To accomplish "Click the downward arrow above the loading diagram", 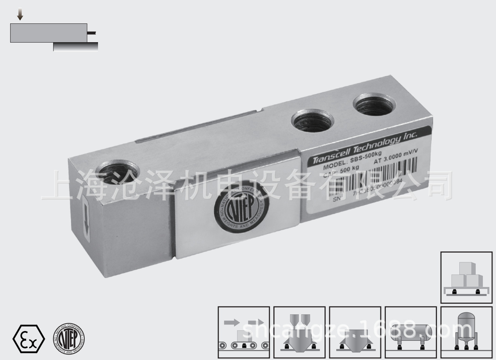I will click(20, 15).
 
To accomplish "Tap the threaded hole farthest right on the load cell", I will click(374, 104).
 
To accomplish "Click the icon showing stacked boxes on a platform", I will click(466, 277).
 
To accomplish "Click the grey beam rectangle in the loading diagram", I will click(48, 33).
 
